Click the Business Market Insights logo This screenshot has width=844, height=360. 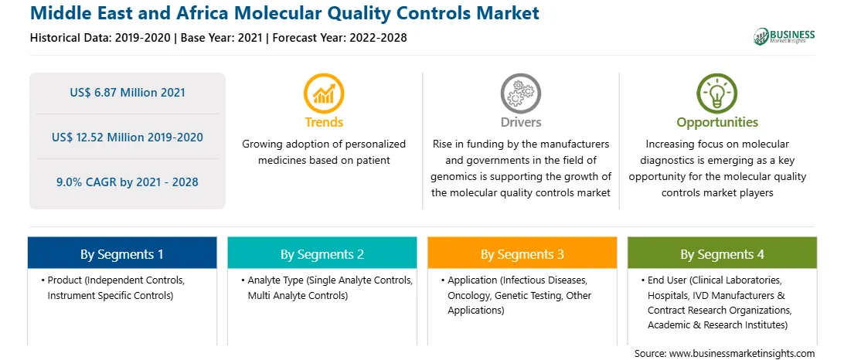coord(784,36)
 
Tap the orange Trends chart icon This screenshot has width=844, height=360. coord(324,93)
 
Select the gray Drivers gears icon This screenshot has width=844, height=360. coord(520,93)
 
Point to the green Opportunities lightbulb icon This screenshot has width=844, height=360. coord(717,93)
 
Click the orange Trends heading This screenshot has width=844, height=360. coord(324,122)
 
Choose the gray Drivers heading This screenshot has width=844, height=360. coord(520,122)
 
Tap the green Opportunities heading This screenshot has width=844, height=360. coord(717,122)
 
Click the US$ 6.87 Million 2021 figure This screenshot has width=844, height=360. coord(128,93)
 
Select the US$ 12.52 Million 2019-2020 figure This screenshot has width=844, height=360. coord(128,138)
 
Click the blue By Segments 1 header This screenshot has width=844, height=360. coord(121,254)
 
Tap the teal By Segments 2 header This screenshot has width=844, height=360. coord(322,254)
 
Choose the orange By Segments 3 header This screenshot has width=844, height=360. coord(522,254)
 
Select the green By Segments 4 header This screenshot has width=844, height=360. coord(722,254)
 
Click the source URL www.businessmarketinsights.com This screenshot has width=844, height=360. coord(740,354)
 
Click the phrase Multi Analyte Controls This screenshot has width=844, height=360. coord(298,295)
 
